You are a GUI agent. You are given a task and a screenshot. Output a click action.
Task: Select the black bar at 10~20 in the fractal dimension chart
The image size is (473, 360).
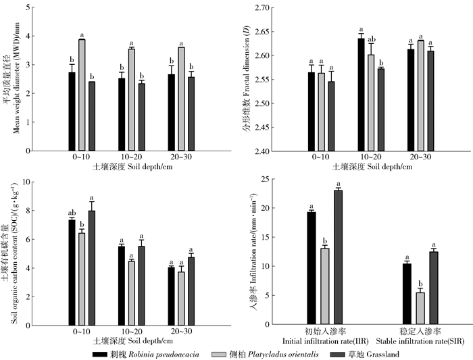(x=361, y=94)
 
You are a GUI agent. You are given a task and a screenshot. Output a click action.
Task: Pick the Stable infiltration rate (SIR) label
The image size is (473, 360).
(x=421, y=336)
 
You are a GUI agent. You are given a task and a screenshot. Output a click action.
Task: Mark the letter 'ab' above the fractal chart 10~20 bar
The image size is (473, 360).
(x=371, y=38)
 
